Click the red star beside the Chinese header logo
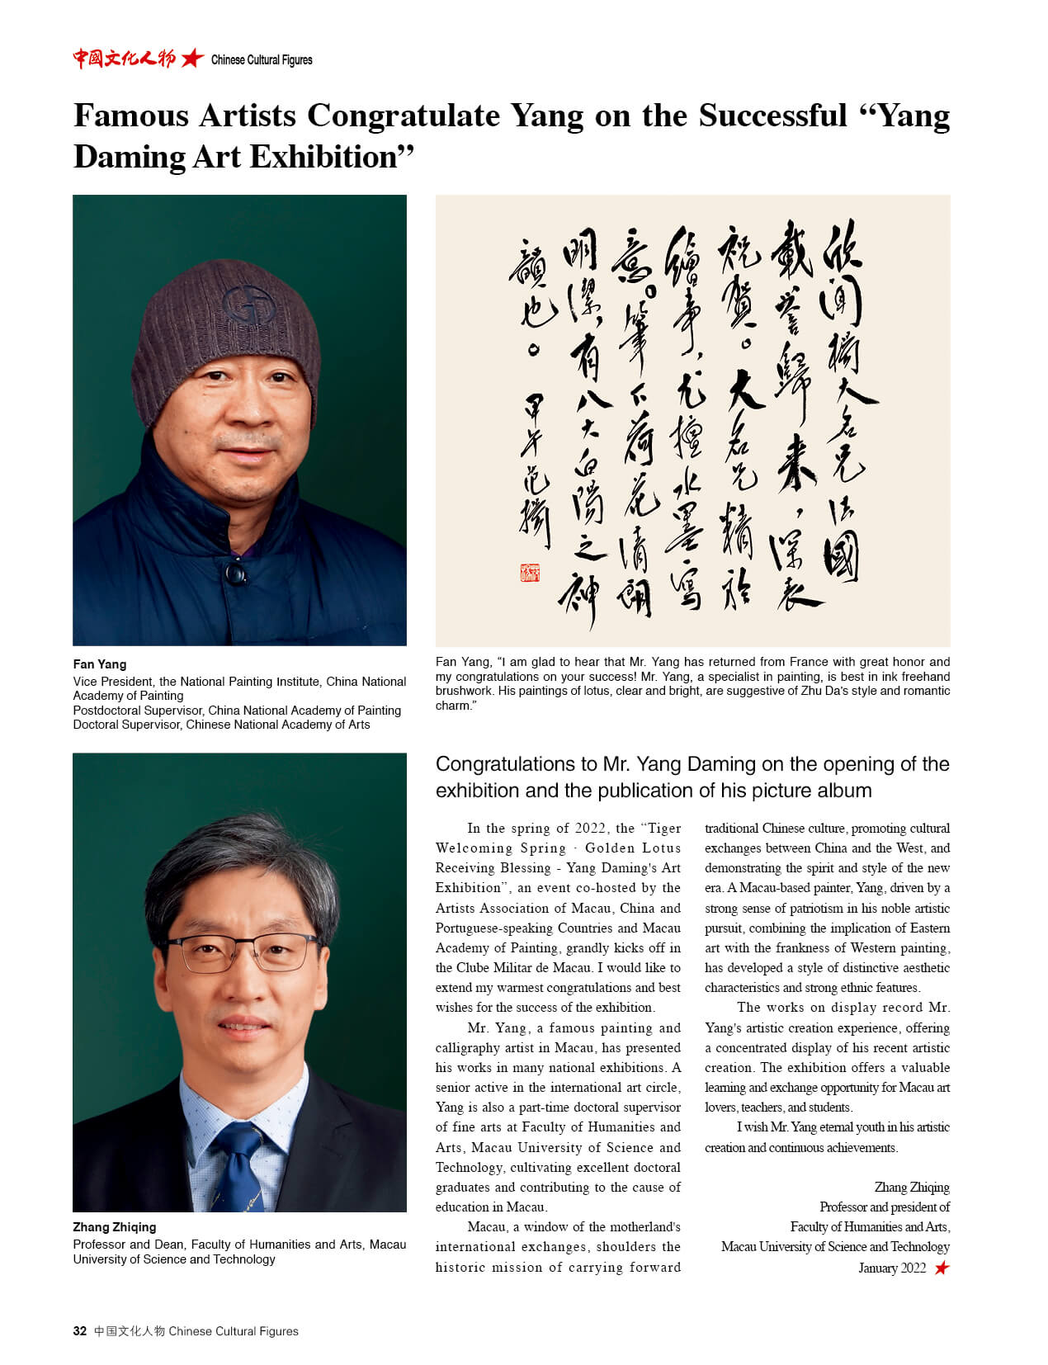[x=192, y=58]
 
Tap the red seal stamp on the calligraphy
[x=529, y=572]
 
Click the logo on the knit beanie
[x=248, y=304]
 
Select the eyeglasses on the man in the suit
[x=241, y=950]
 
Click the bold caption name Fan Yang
[x=100, y=664]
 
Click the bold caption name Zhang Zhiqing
[x=114, y=1227]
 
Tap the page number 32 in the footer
[x=80, y=1331]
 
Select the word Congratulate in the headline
[x=404, y=116]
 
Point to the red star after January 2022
[x=942, y=1268]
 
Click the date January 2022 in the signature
[x=892, y=1268]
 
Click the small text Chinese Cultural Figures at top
[x=262, y=59]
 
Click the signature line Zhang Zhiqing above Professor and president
[x=912, y=1188]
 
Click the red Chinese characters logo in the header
[x=124, y=58]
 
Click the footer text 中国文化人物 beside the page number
[x=129, y=1331]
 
